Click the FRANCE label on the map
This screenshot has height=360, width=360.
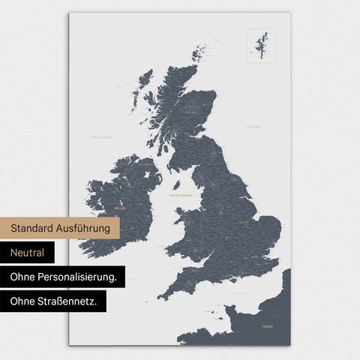268,327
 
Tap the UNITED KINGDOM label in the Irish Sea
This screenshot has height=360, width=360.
181,195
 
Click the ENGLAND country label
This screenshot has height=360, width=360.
244,223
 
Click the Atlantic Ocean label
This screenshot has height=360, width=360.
100,137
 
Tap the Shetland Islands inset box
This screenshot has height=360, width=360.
261,45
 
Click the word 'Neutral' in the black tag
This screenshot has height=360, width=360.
27,253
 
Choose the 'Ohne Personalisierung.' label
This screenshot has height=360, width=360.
63,277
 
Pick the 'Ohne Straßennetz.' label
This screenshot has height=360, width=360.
53,301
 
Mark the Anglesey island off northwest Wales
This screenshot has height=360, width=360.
178,211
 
